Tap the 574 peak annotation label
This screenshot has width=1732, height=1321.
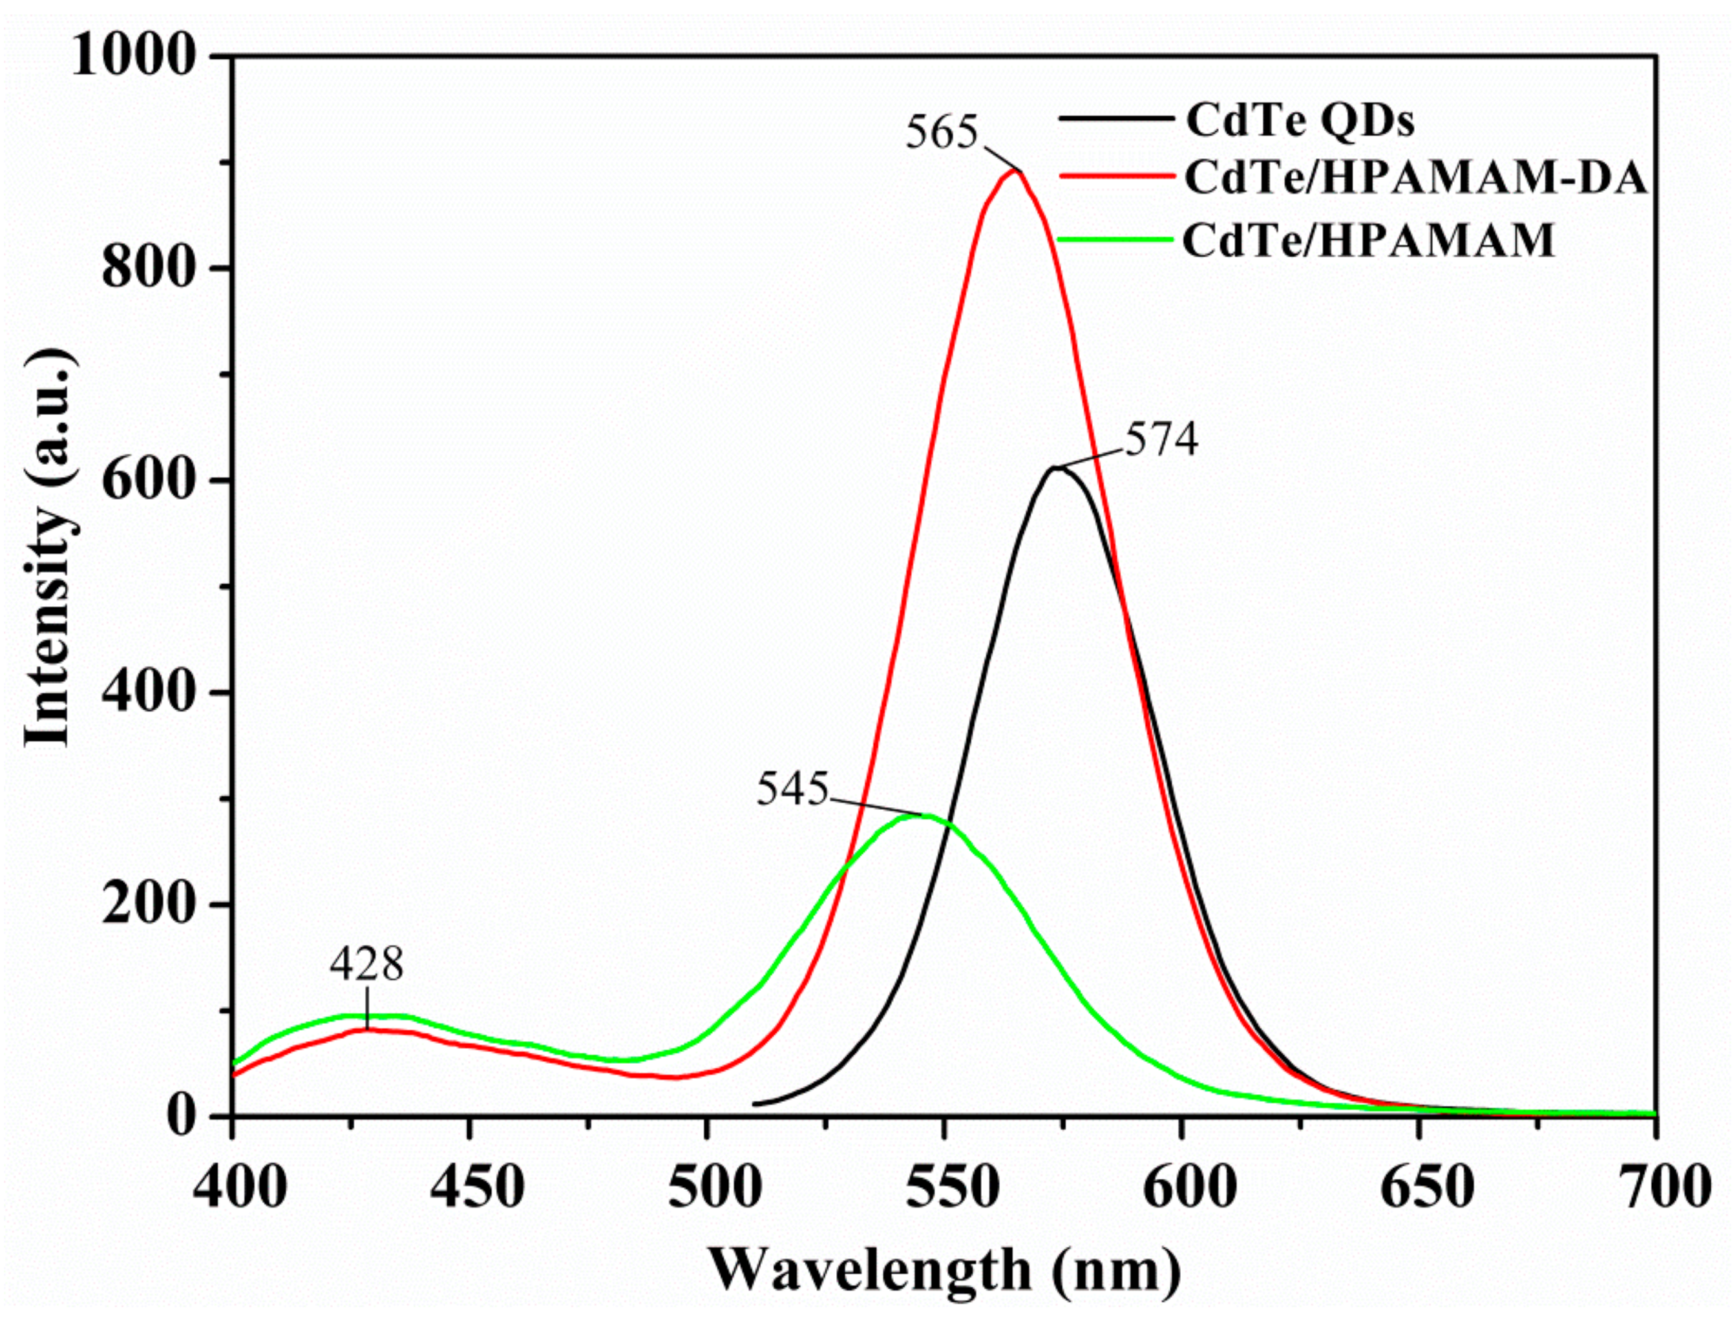(1161, 439)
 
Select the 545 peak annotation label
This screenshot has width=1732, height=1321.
(792, 788)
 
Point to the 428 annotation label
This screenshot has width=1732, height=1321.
(366, 964)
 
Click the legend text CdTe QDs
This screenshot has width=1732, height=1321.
(1300, 120)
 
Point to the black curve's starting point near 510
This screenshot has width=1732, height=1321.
(755, 1104)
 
